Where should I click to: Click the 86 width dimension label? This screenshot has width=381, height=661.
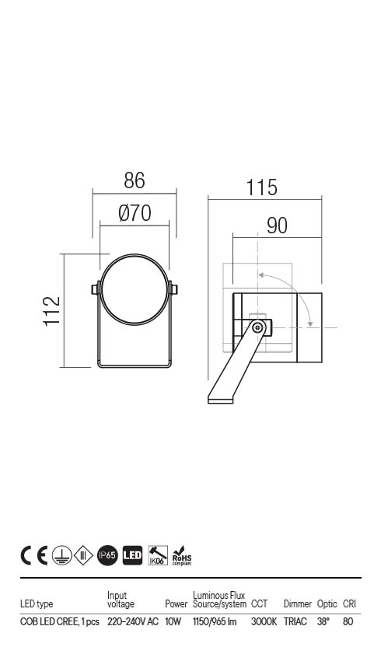click(135, 180)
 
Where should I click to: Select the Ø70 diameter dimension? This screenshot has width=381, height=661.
click(135, 213)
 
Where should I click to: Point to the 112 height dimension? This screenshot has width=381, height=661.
click(52, 311)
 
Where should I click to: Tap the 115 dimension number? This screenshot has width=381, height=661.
click(261, 187)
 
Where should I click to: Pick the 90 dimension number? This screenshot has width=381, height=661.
click(277, 226)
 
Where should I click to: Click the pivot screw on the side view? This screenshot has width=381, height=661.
click(257, 327)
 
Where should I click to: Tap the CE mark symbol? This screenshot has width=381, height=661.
click(33, 555)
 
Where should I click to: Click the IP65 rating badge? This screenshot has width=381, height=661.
click(107, 555)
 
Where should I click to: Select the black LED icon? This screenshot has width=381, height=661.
click(132, 555)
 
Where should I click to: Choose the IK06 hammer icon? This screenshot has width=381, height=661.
click(158, 555)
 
